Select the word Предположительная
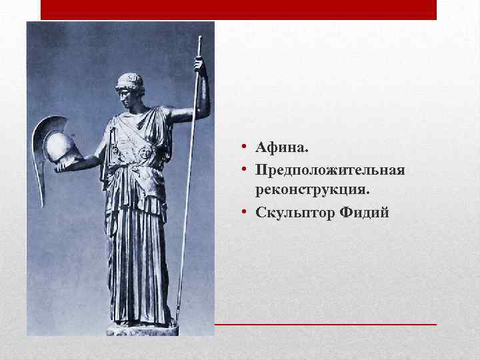click(329, 171)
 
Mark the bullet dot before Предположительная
click(245, 171)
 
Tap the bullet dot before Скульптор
click(245, 213)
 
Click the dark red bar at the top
click(239, 9)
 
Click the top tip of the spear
click(198, 41)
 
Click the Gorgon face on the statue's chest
click(145, 153)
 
